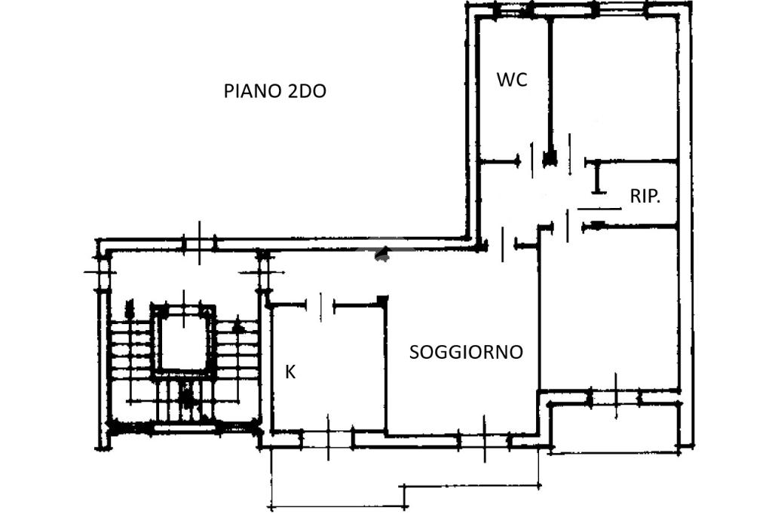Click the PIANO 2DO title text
click(274, 92)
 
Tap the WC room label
click(512, 79)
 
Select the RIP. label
click(645, 197)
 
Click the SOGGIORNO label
click(466, 352)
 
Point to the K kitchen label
click(290, 372)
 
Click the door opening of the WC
click(532, 161)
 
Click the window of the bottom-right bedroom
click(615, 396)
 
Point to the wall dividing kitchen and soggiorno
click(385, 367)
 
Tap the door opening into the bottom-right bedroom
click(568, 225)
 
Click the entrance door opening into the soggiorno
click(502, 244)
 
